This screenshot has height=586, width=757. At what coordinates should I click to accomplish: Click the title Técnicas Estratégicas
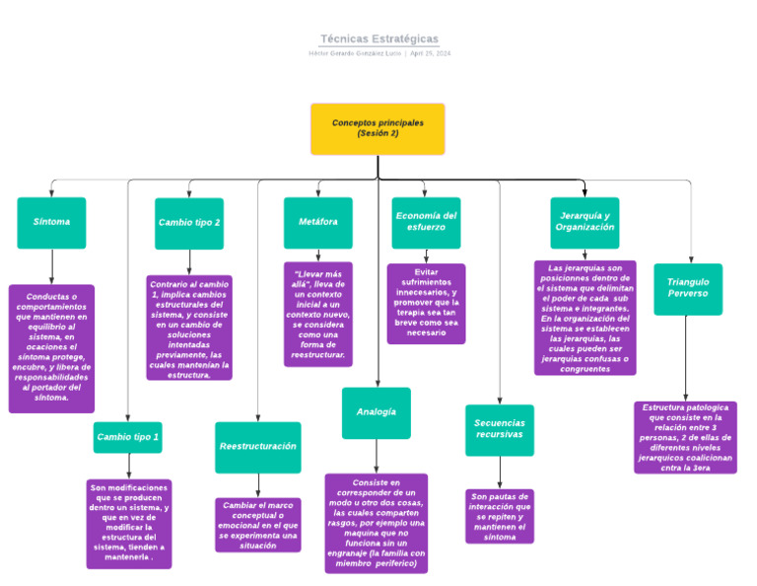(378, 38)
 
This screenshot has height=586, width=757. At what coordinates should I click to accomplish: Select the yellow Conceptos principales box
(378, 128)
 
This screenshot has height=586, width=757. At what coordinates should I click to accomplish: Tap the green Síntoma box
(51, 222)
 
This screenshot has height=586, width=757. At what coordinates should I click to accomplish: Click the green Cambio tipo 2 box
(189, 223)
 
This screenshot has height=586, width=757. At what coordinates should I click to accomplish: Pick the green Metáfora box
(317, 222)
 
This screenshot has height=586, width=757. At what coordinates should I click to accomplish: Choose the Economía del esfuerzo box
(426, 222)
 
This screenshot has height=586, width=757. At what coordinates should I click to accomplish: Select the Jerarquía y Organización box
(585, 222)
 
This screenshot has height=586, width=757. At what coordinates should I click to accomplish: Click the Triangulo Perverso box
(687, 288)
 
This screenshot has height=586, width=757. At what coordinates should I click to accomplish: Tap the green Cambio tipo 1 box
(127, 437)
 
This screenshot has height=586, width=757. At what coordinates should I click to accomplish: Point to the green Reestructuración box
(257, 447)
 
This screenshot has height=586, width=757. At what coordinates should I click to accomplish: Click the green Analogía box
(377, 412)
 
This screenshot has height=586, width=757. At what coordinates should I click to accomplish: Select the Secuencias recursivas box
(499, 429)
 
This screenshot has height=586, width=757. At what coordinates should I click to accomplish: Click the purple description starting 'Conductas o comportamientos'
(52, 348)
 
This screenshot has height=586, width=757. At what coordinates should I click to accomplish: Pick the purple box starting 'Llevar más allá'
(317, 314)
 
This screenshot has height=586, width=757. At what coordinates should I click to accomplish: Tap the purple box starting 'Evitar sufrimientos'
(426, 303)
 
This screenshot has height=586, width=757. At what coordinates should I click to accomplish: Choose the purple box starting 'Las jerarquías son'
(585, 318)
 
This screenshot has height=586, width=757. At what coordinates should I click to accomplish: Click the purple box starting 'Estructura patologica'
(685, 437)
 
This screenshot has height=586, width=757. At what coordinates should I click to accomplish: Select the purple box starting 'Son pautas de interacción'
(500, 516)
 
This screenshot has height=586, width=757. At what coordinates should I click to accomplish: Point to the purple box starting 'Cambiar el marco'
(257, 524)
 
